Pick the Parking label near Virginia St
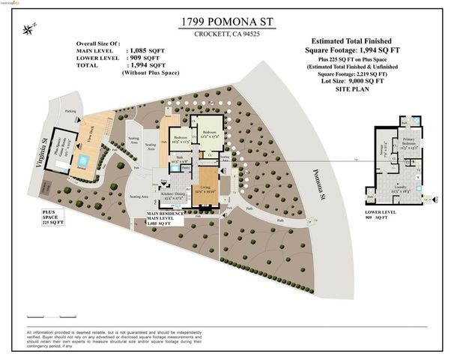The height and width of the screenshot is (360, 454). tap(70, 111)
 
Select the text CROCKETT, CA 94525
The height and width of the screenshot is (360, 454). tap(226, 34)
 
